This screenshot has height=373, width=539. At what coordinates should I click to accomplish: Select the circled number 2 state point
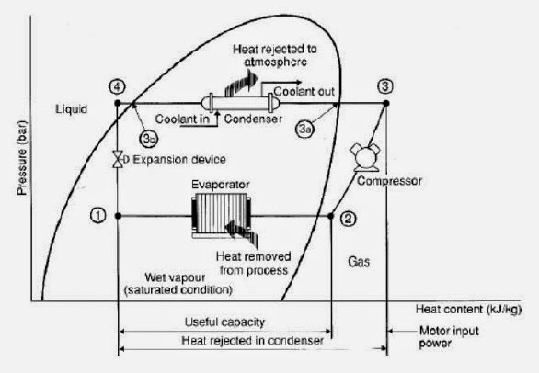348,219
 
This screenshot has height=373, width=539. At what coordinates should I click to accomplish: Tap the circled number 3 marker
385,85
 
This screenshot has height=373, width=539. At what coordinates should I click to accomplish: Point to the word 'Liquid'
71,108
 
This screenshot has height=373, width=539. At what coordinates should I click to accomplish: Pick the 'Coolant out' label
294,90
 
